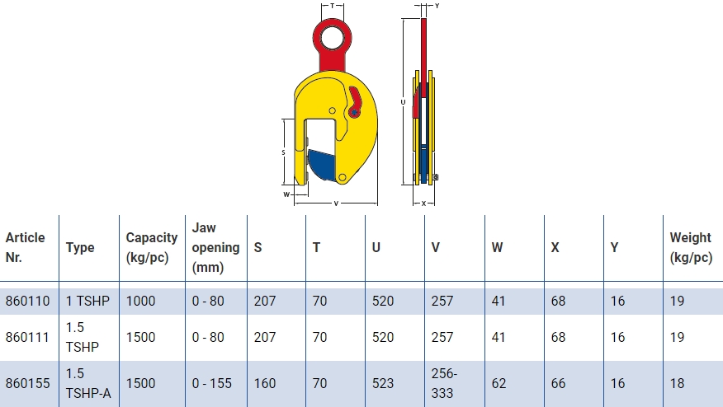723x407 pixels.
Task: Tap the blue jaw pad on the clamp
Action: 323,166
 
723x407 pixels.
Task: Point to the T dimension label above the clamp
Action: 332,6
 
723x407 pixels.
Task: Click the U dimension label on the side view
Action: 403,102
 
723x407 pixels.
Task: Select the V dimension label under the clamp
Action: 336,203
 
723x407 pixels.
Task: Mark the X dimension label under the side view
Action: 423,203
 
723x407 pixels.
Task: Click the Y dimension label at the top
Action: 437,6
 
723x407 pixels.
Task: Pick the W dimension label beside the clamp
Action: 286,194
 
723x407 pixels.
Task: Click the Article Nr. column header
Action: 26,247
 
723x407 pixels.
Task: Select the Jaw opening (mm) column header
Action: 215,247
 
